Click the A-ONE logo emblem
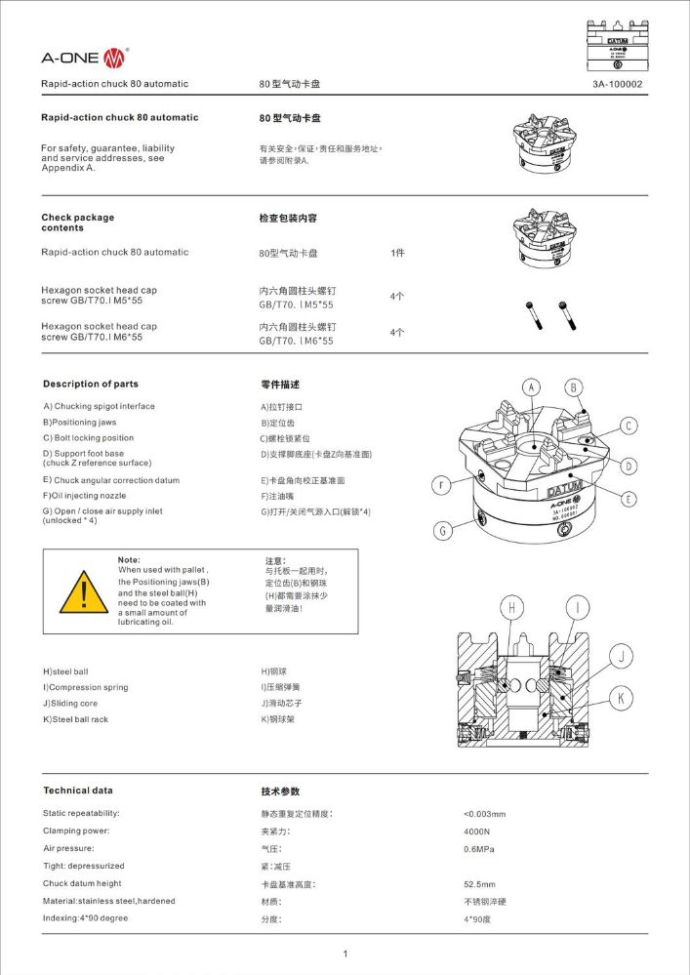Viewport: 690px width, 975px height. point(114,58)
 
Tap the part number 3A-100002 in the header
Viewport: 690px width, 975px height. point(617,84)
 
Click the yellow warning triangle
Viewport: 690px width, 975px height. point(84,592)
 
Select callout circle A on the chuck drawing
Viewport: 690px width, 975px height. point(531,387)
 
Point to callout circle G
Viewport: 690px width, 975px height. point(442,530)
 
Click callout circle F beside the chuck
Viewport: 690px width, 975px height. point(441,485)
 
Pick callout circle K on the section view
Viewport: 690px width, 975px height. point(621,698)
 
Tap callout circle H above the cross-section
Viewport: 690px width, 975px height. point(511,607)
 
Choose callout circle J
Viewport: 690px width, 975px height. point(621,656)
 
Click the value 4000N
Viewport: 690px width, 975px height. point(477,832)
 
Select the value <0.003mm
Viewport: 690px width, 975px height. point(484,814)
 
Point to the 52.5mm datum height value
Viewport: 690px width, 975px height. point(479,884)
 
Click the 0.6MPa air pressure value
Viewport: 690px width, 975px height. point(478,849)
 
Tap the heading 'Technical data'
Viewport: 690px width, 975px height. point(78,791)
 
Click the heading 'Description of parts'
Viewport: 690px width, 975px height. point(91,384)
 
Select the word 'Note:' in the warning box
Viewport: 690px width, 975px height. point(129,559)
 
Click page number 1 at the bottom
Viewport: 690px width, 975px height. point(345,954)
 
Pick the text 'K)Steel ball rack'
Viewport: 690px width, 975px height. point(75,719)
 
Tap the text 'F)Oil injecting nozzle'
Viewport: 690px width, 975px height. point(85,496)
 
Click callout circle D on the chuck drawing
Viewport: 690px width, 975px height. point(629,466)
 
